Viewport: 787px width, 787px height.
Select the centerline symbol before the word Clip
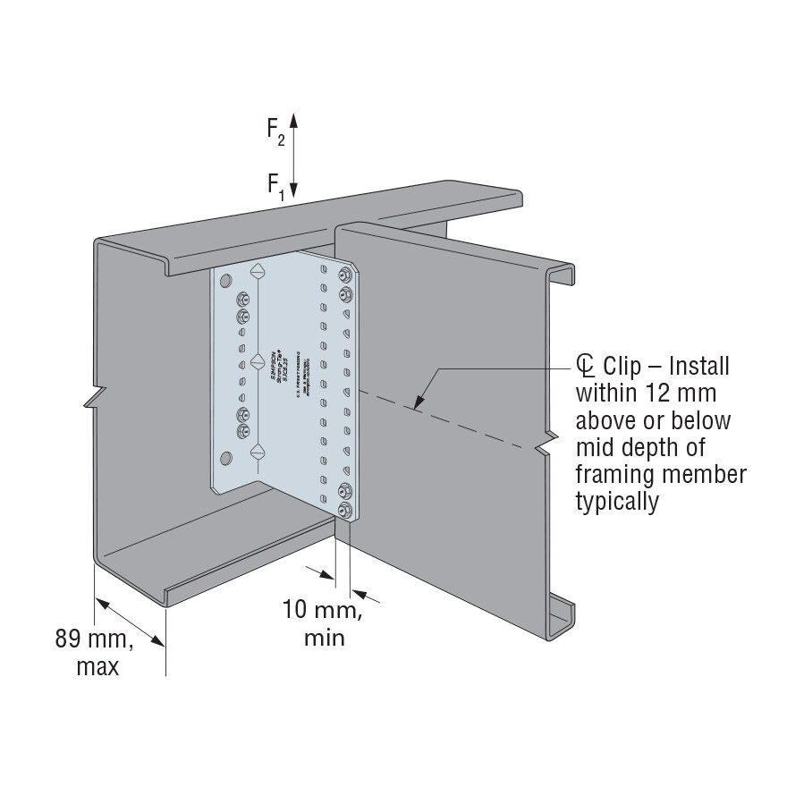586,366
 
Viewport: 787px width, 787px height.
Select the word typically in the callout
617,502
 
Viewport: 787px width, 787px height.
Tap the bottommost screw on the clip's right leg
345,510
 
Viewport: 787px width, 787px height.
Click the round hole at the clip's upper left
224,278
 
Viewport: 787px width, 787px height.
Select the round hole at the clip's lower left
224,460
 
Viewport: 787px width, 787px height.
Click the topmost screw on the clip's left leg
241,299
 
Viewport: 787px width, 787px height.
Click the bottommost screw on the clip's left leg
241,431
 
